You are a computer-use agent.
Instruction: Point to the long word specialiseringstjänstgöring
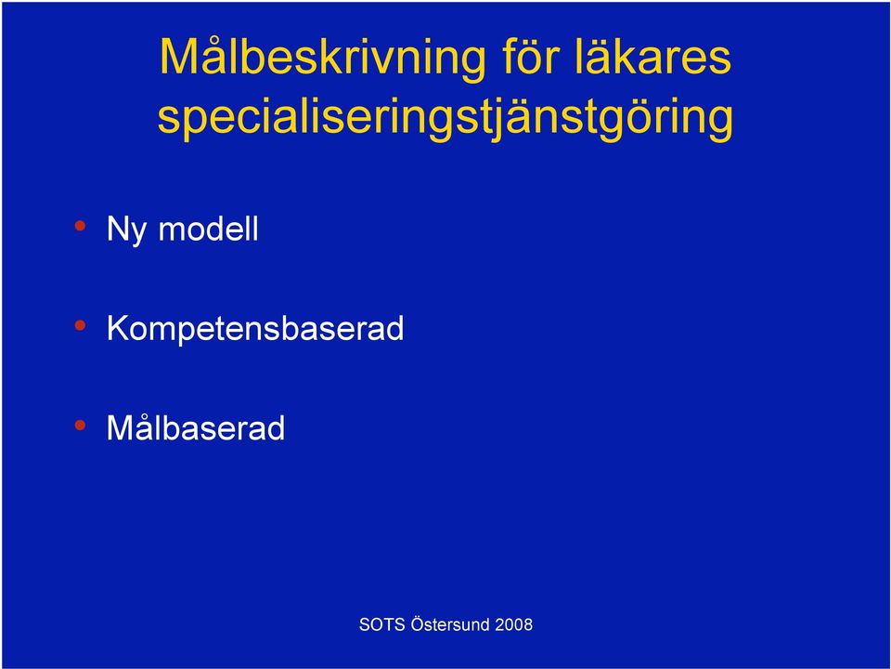tap(445, 118)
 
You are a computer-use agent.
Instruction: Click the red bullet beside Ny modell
tap(80, 226)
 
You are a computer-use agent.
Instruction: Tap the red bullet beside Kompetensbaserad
tap(80, 325)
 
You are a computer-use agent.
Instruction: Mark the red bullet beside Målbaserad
tap(80, 425)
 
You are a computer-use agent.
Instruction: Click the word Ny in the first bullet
tap(127, 230)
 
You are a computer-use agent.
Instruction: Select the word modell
tap(208, 229)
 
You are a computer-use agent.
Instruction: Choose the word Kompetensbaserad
tap(255, 329)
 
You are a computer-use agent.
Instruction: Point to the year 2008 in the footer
tap(513, 624)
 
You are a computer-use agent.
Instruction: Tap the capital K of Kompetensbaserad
tap(120, 327)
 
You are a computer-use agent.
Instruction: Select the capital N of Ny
tap(118, 229)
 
